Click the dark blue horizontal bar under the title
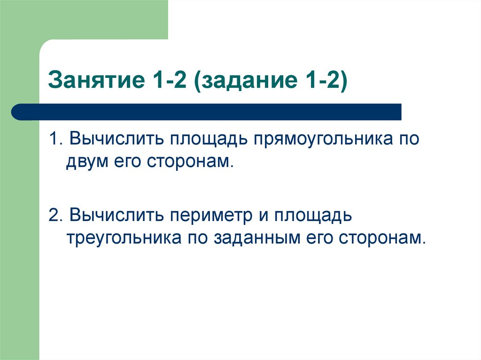click(207, 112)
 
